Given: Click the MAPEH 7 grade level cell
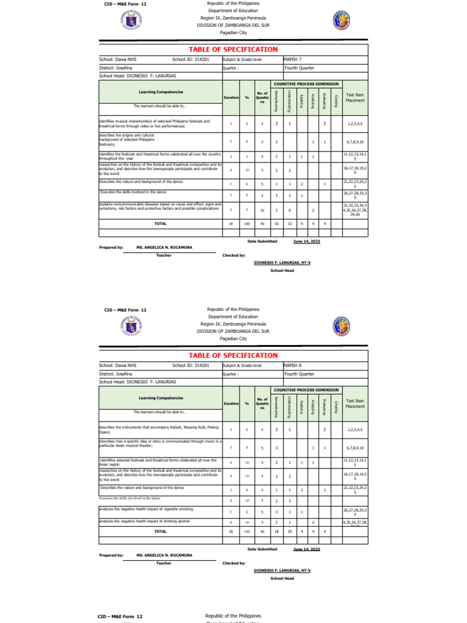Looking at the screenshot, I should [293, 60].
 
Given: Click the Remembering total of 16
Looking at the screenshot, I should [276, 224].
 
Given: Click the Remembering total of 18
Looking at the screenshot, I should [276, 531].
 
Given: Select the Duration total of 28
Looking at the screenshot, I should [231, 531].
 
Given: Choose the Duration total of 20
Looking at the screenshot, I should [231, 224].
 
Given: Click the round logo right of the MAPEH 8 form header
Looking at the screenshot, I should [341, 327].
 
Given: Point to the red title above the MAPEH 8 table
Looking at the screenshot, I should [233, 355].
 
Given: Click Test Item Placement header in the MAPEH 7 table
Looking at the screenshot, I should [355, 97].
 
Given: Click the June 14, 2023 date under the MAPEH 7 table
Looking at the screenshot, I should [306, 242].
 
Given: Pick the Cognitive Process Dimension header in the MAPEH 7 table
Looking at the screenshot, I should [306, 83].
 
